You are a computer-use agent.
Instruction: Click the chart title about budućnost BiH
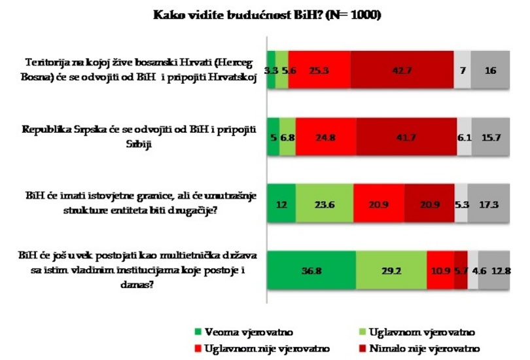tap(267, 15)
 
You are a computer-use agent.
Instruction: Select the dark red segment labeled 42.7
tap(402, 70)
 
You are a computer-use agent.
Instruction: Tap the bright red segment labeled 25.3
tap(319, 70)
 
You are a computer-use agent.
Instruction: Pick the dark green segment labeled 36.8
tap(311, 270)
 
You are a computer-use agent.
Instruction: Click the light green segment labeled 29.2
tap(391, 270)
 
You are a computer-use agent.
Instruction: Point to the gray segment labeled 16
tap(490, 70)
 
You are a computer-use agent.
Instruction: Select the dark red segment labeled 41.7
tap(406, 137)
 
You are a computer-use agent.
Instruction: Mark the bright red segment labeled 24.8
tap(326, 137)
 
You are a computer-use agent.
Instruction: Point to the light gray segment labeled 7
tap(462, 70)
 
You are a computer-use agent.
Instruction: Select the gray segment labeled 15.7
tap(491, 137)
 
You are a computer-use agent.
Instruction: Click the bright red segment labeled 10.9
tap(440, 270)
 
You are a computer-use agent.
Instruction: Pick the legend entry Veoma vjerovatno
tap(244, 332)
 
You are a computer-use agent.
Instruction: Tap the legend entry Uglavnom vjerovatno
tap(417, 332)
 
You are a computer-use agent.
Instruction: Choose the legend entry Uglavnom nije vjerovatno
tap(262, 348)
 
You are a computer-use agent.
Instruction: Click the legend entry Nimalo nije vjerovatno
tap(419, 348)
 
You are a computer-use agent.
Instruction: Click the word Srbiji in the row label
tap(139, 145)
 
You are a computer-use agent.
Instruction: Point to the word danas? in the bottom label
tap(137, 284)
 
